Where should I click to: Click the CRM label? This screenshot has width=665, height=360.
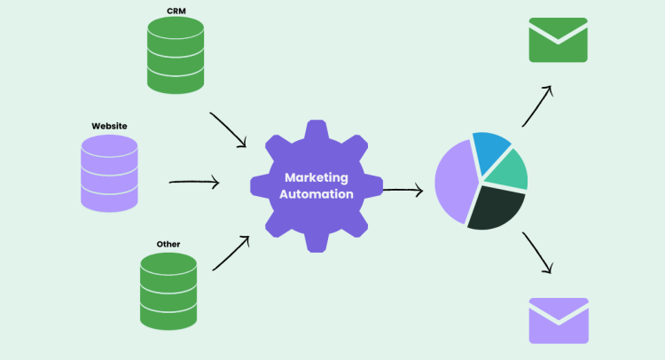tap(176, 11)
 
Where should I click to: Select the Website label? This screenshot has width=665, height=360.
tap(109, 126)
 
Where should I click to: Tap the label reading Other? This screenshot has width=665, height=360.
tap(168, 243)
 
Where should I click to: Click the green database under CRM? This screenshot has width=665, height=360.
tap(176, 54)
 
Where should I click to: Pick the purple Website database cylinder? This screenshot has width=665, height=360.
tap(109, 174)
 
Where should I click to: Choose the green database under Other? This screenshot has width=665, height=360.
tap(168, 291)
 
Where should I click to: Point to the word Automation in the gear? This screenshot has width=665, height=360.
tap(317, 194)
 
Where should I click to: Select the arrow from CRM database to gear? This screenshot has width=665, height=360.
tap(228, 129)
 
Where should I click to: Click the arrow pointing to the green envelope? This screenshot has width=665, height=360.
tap(536, 106)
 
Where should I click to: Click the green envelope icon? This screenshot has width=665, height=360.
tap(558, 40)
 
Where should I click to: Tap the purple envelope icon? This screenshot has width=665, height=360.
tap(558, 320)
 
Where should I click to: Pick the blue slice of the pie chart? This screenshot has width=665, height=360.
tap(490, 148)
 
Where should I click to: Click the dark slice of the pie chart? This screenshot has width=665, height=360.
tap(495, 208)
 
